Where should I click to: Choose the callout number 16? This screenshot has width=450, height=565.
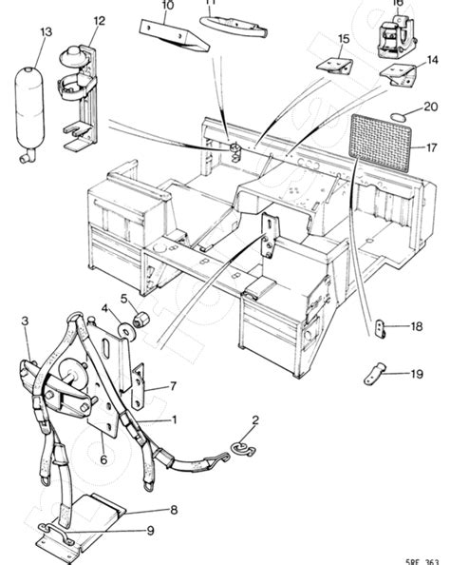pyautogui.click(x=397, y=3)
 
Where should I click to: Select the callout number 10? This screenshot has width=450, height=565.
pyautogui.click(x=167, y=6)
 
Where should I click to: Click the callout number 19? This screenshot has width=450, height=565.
pyautogui.click(x=416, y=375)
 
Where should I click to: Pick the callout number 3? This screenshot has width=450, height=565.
pyautogui.click(x=27, y=322)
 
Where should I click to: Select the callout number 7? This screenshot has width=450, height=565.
pyautogui.click(x=173, y=386)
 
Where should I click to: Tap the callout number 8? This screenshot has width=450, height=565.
pyautogui.click(x=172, y=510)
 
